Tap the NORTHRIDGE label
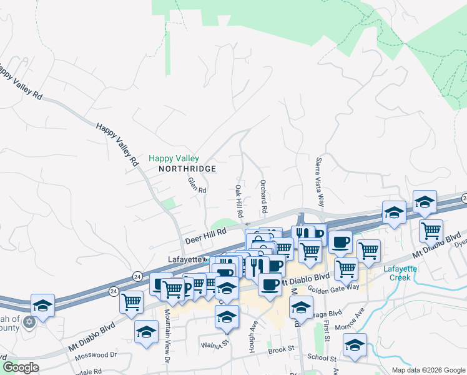point(187,169)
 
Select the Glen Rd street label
point(197,185)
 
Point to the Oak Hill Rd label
point(238,201)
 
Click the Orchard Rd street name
point(263,196)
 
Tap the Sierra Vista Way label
point(320,182)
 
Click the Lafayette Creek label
point(400,273)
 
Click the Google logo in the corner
point(21,367)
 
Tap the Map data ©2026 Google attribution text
point(428,370)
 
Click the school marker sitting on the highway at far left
point(42,305)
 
